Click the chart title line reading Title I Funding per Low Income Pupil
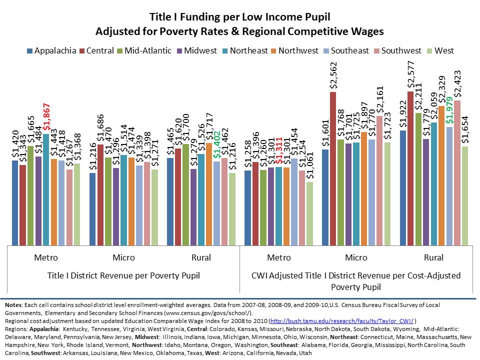coord(239,17)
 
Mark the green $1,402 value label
coord(216,145)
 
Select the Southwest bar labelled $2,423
coord(457,172)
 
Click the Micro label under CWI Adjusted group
coord(356,258)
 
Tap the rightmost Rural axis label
coord(433,258)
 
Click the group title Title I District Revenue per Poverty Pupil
coord(123,275)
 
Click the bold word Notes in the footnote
coord(13,304)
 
